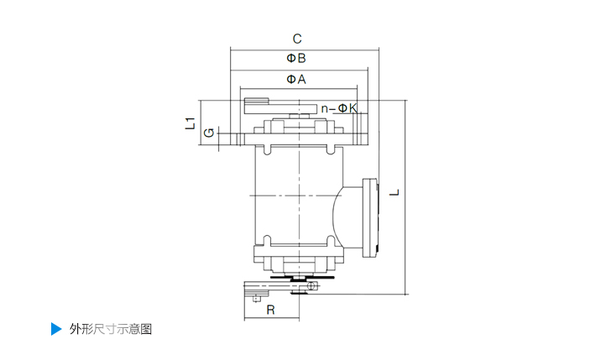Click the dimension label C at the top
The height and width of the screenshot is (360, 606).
tap(297, 39)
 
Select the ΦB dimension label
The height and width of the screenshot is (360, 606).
tap(296, 59)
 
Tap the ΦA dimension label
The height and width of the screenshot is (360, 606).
tap(296, 79)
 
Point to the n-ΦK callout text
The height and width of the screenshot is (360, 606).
tap(339, 108)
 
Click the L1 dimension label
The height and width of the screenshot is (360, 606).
tap(190, 123)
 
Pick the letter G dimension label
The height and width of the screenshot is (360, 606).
tap(209, 133)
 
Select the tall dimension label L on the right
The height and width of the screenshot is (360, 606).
tap(394, 192)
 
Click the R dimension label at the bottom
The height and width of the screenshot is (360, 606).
tap(270, 310)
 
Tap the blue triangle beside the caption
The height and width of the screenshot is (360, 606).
tap(56, 329)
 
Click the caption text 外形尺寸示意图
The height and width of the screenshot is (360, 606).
tap(111, 329)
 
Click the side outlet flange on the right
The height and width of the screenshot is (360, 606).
tap(370, 217)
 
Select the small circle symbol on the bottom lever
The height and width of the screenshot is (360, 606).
tap(311, 286)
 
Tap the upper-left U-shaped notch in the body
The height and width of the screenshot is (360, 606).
tap(267, 150)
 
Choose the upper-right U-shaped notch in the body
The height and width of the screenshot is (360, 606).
tap(330, 150)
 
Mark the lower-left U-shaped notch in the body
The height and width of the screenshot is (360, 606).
tap(267, 241)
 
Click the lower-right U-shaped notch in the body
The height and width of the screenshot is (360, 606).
tap(331, 241)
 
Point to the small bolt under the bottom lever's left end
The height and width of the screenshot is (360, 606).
tap(256, 298)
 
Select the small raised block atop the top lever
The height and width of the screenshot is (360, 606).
tap(256, 101)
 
